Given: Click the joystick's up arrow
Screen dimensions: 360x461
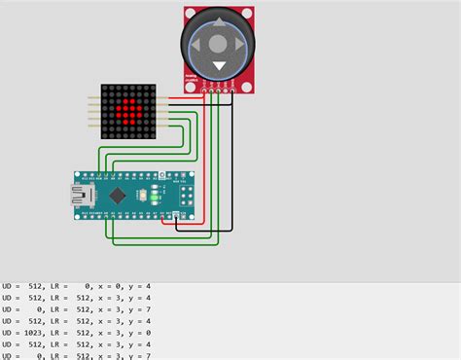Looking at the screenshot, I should click(x=219, y=21).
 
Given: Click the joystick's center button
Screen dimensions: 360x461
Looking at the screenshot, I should click(x=219, y=43).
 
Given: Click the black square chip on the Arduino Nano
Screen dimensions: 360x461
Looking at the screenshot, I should click(x=119, y=196).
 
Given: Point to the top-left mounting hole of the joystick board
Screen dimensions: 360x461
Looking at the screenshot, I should click(x=190, y=14).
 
